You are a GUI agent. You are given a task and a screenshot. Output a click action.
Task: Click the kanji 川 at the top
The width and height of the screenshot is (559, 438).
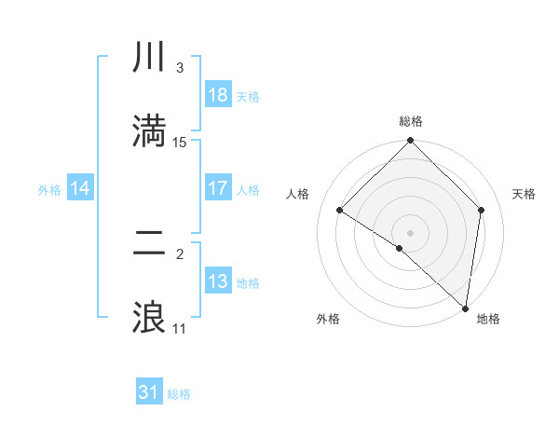pyautogui.click(x=150, y=59)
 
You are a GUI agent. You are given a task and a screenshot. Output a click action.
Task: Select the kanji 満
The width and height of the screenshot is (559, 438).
pyautogui.click(x=150, y=131)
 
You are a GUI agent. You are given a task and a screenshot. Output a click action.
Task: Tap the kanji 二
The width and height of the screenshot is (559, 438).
pyautogui.click(x=150, y=245)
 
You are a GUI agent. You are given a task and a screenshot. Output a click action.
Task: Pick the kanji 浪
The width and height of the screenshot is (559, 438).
pyautogui.click(x=150, y=318)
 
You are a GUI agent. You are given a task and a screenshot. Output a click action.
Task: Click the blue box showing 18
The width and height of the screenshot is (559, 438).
pyautogui.click(x=218, y=95)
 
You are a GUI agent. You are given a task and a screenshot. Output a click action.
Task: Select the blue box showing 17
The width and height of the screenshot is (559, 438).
pyautogui.click(x=218, y=188)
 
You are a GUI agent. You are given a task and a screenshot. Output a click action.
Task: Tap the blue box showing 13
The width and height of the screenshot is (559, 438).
pyautogui.click(x=218, y=281)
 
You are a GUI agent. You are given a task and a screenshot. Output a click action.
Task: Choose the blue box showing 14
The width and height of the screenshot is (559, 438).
pyautogui.click(x=80, y=188)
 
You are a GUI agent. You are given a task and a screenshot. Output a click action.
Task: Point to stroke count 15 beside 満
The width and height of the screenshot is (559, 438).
pyautogui.click(x=180, y=143)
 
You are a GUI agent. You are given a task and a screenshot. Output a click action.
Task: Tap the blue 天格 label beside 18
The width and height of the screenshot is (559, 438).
pyautogui.click(x=248, y=96)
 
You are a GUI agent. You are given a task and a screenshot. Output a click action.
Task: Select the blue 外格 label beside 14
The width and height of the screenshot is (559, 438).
pyautogui.click(x=48, y=189)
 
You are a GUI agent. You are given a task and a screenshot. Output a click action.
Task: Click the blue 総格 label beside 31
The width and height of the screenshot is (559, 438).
pyautogui.click(x=179, y=394)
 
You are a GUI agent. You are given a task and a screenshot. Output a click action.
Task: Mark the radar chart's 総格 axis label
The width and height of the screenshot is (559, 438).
pyautogui.click(x=411, y=121)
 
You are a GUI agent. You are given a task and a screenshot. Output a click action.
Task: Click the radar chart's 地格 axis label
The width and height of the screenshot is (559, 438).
pyautogui.click(x=488, y=319)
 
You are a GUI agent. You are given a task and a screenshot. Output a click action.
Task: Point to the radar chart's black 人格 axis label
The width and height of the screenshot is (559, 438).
pyautogui.click(x=297, y=194)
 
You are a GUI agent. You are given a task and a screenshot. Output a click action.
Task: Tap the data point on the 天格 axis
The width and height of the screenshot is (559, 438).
pyautogui.click(x=482, y=210)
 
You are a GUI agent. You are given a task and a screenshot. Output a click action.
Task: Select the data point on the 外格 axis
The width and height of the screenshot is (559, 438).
pyautogui.click(x=400, y=248)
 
